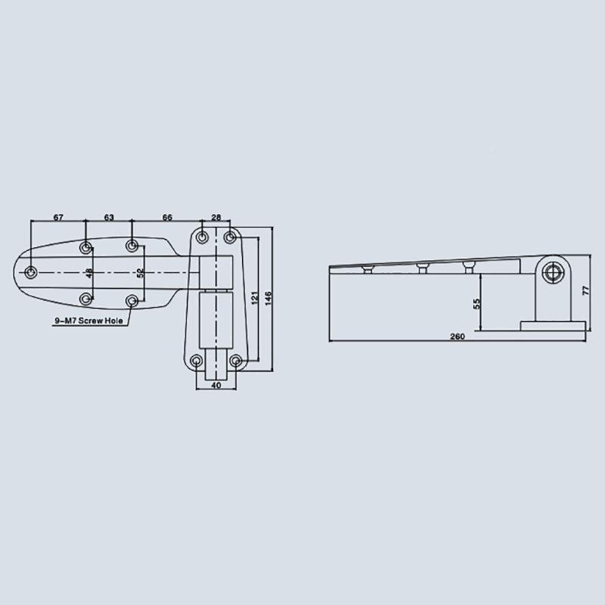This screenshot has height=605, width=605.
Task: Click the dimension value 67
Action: (x=58, y=217)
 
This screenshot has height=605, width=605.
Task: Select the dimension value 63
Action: (x=109, y=217)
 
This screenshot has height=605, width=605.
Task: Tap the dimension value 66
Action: (x=167, y=217)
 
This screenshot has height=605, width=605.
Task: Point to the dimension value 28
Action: (x=216, y=217)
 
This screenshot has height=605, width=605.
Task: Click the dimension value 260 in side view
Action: (x=458, y=337)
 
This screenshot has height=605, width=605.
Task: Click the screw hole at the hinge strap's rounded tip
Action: (x=31, y=272)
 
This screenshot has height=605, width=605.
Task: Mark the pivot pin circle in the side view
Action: (x=554, y=273)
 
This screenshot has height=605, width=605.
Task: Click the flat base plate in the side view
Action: (x=553, y=324)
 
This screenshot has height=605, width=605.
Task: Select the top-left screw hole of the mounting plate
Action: (x=202, y=237)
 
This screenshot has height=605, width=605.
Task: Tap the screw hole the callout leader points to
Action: (x=132, y=301)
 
